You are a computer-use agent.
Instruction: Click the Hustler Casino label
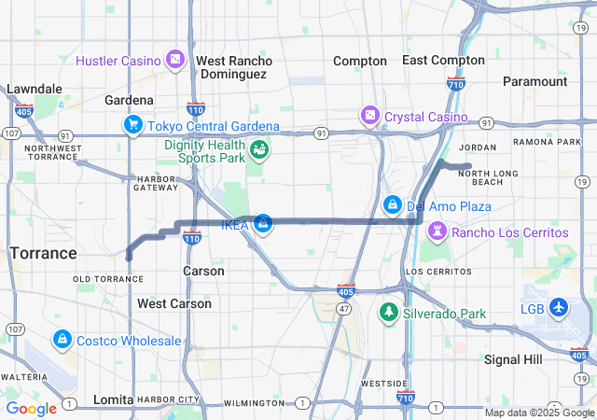(118, 61)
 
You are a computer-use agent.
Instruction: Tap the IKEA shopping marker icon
(264, 224)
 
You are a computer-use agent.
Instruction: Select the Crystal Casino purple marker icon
(370, 115)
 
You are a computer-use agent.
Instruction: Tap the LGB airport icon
(559, 307)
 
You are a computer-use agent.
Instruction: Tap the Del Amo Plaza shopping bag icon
(392, 204)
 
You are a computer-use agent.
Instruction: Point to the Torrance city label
(43, 253)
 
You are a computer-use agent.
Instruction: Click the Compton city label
(360, 61)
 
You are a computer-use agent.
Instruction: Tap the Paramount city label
(535, 81)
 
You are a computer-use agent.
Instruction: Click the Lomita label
(113, 399)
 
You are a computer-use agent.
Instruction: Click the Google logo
(31, 408)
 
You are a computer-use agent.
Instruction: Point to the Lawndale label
(35, 89)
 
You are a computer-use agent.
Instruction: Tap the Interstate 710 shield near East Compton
(455, 85)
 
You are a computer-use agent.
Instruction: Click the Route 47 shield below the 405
(344, 307)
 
